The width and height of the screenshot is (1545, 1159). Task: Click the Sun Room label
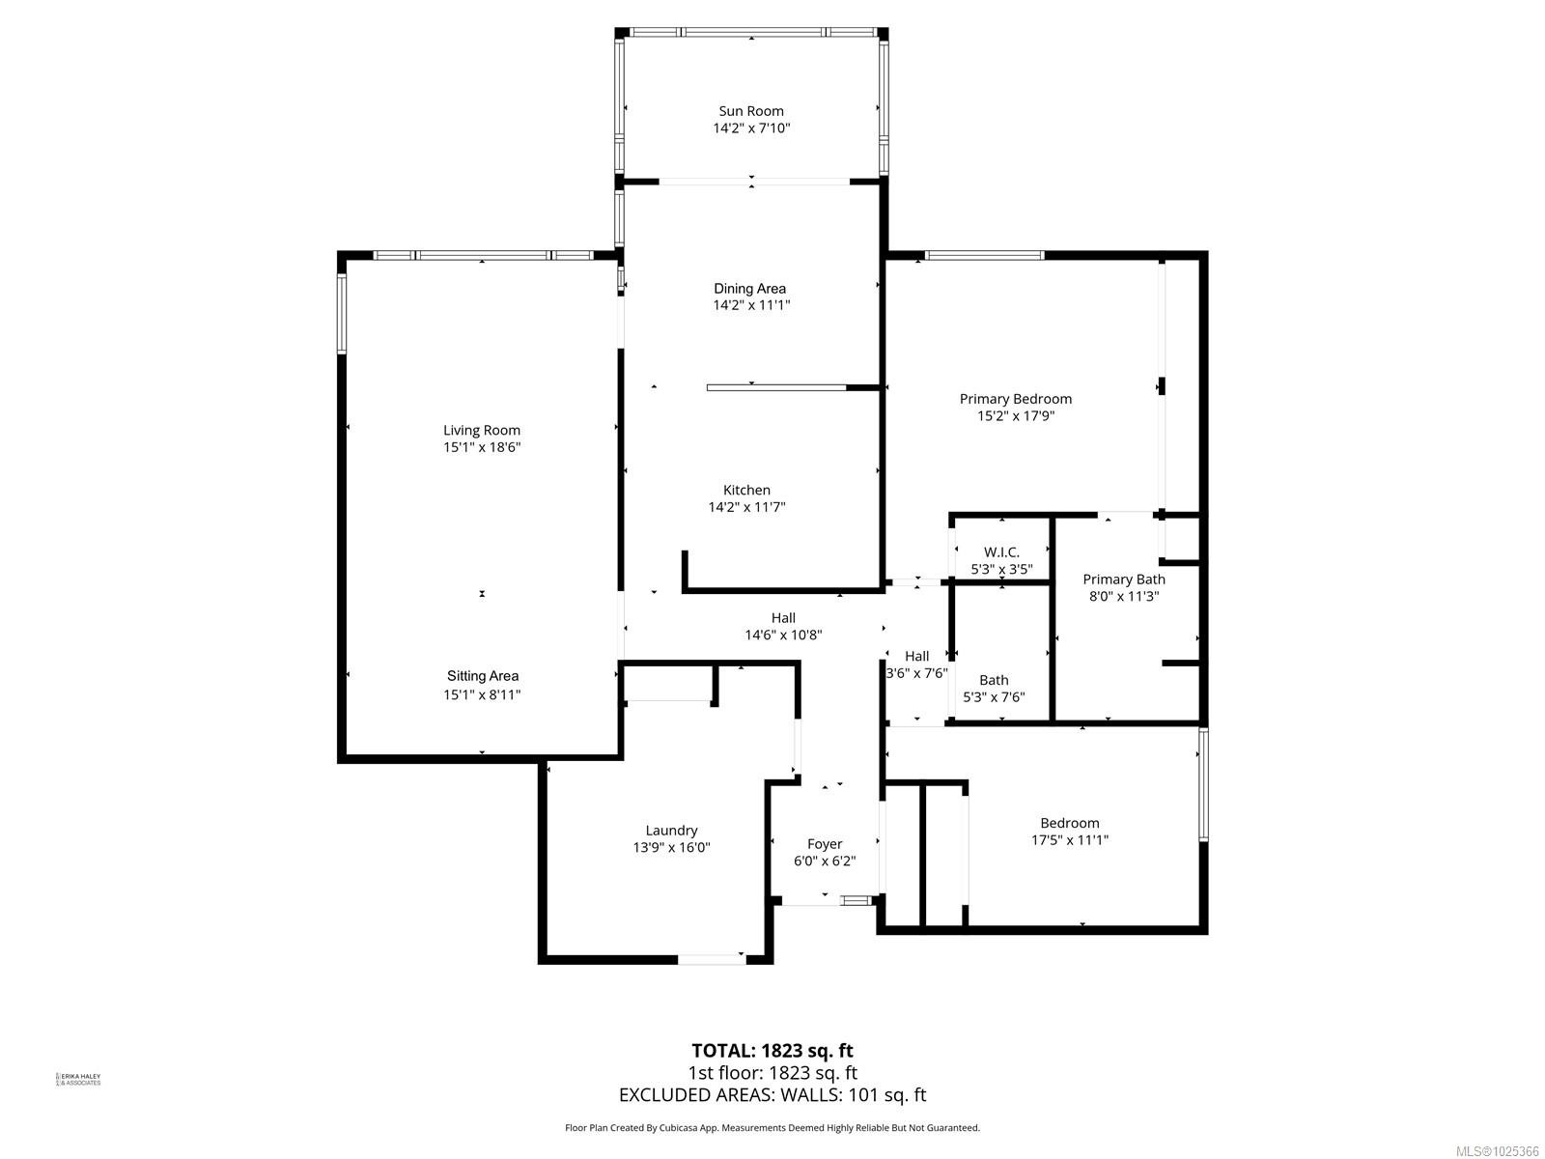tap(750, 111)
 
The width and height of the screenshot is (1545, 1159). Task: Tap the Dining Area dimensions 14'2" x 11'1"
tap(750, 305)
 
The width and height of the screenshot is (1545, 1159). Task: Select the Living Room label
tap(482, 431)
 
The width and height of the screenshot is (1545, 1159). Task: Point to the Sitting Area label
tap(482, 676)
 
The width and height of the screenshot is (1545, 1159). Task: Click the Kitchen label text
tap(746, 490)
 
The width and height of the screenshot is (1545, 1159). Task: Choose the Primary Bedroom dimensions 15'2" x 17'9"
tap(1015, 416)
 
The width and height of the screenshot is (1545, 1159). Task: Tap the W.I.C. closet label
tap(1001, 552)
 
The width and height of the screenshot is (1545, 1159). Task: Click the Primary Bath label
tap(1123, 579)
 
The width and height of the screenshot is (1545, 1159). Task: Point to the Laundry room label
tap(671, 831)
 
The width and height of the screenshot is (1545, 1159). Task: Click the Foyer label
tap(825, 844)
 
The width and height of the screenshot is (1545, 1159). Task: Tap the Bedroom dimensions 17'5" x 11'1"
tap(1069, 840)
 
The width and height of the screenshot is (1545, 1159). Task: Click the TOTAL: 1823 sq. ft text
tap(772, 1050)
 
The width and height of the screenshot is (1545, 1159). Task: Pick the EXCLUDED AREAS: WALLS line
tap(772, 1094)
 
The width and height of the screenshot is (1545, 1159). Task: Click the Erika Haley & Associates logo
tap(78, 1079)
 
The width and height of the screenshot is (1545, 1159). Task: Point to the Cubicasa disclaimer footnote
tap(772, 1127)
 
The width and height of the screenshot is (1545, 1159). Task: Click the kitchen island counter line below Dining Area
tap(776, 387)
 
